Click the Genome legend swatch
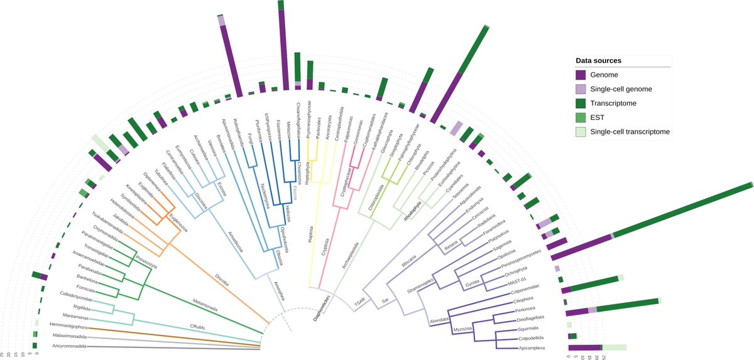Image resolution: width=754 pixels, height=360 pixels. (x=582, y=75)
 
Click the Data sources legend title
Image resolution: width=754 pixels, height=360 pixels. (x=599, y=60)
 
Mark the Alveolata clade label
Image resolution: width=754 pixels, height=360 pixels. (x=439, y=320)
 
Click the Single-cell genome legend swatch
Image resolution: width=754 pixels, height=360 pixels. (x=582, y=89)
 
